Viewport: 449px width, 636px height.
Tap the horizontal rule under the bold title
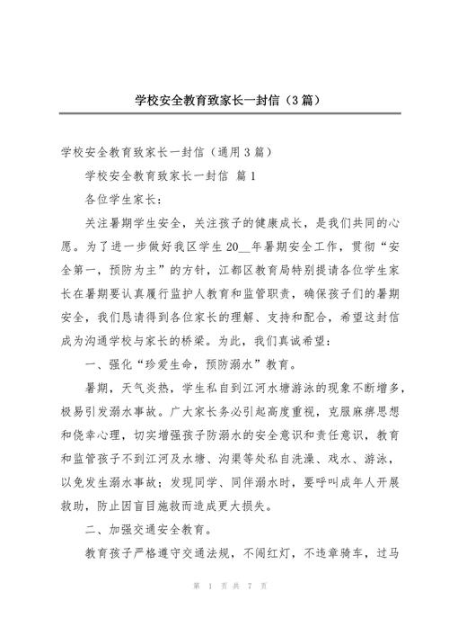tap(224, 114)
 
